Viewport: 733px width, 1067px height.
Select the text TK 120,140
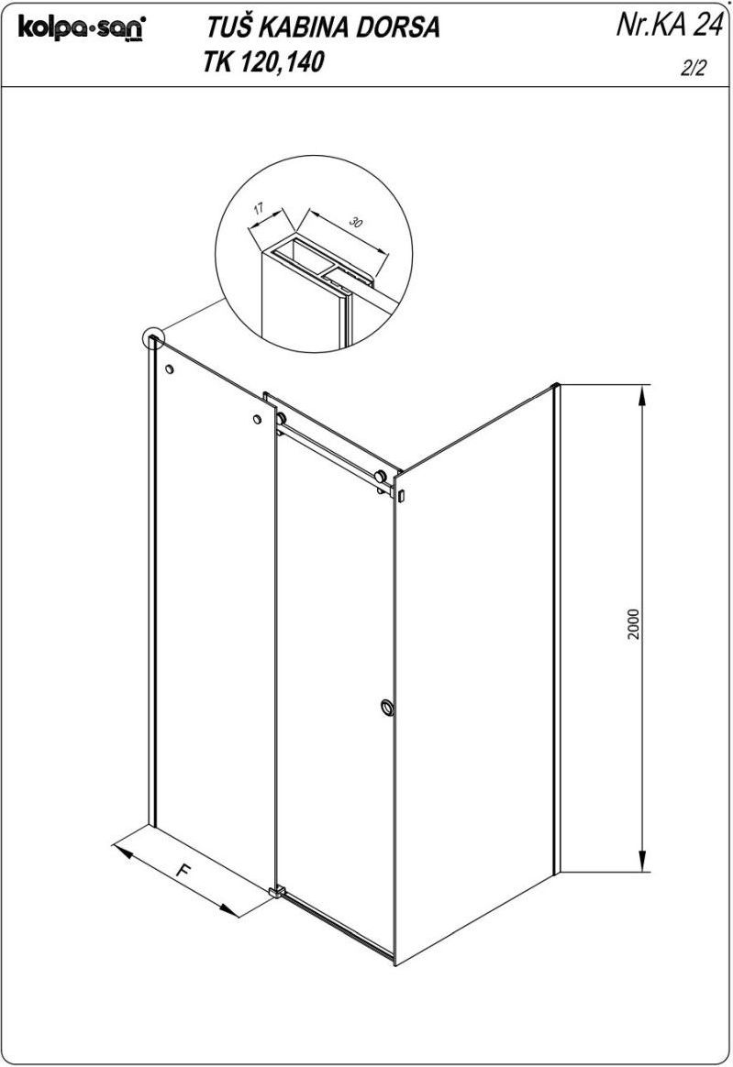263,62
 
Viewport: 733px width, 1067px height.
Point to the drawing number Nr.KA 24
669,25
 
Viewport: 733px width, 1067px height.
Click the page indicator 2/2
692,69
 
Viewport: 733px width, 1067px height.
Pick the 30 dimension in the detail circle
355,221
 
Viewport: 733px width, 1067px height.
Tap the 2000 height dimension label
634,623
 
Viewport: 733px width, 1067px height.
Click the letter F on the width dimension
182,870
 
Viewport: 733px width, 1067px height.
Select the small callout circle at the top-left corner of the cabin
152,338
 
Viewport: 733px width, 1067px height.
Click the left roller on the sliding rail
281,419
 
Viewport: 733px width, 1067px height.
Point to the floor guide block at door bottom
275,892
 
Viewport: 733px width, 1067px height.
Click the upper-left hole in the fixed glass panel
169,369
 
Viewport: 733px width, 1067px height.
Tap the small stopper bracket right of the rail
402,495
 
